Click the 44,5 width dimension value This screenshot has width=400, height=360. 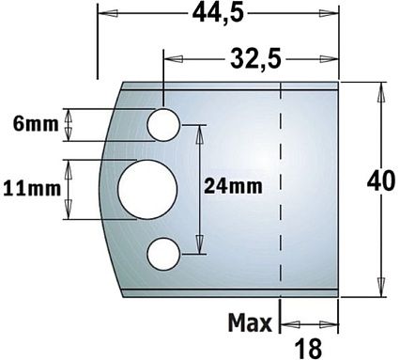tap(218, 14)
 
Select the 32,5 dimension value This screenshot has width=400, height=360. tap(255, 59)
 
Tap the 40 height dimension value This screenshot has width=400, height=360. tap(380, 181)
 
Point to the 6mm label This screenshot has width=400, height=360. tap(36, 124)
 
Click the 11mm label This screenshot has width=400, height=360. tap(32, 189)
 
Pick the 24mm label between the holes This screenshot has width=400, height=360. tap(233, 187)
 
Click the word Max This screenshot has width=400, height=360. tap(250, 322)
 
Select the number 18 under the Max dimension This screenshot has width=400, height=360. tap(308, 349)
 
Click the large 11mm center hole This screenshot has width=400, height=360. tap(147, 189)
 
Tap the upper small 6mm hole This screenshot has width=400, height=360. tap(163, 125)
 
